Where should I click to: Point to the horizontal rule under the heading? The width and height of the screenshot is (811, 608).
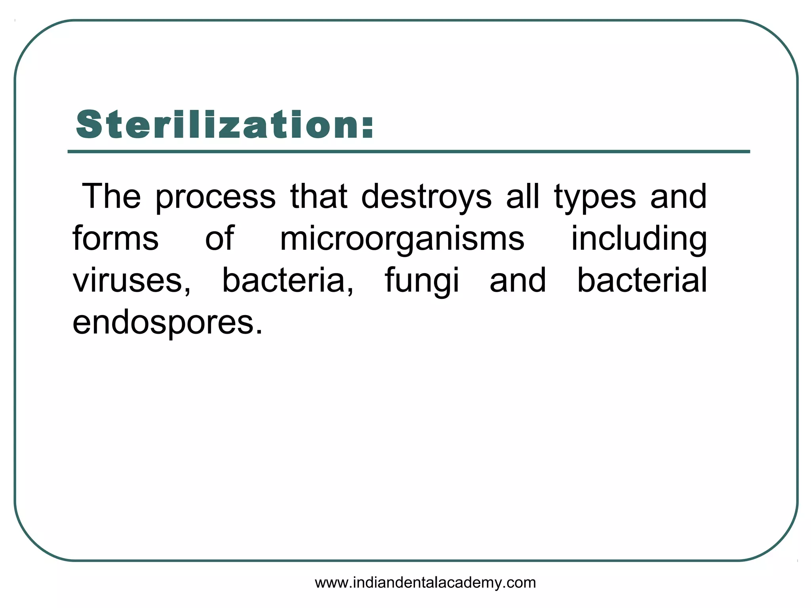coord(409,152)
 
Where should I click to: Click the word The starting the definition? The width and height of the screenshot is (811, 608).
coord(111,196)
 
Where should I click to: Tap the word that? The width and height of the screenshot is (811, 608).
coord(319,196)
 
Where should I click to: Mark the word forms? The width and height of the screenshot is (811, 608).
coord(116,238)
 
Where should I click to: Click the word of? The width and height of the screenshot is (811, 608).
coord(220,238)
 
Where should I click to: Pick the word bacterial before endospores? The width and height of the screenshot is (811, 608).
coord(642,280)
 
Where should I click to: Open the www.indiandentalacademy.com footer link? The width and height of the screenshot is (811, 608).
coord(425,583)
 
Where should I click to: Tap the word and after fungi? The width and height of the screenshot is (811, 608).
coord(518,280)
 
